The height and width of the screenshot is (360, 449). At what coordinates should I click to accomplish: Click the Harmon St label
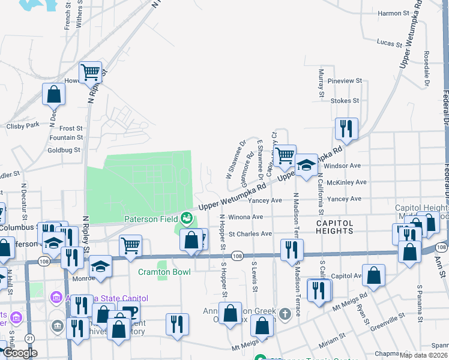[x=394, y=13]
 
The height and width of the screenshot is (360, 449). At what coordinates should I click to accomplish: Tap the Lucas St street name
[x=389, y=43]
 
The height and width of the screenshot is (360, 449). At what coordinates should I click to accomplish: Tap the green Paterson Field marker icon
[x=187, y=217]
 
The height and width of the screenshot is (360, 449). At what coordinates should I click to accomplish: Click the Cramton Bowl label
[x=164, y=272]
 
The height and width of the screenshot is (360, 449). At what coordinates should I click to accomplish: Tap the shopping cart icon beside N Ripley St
[x=90, y=73]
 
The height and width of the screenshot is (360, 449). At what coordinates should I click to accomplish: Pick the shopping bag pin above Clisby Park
[x=53, y=94]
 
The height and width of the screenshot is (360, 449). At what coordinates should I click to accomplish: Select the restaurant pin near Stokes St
[x=346, y=128]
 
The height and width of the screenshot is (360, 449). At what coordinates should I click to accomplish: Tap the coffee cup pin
[x=128, y=313]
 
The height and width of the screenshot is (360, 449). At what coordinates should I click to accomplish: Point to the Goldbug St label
[x=64, y=150]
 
